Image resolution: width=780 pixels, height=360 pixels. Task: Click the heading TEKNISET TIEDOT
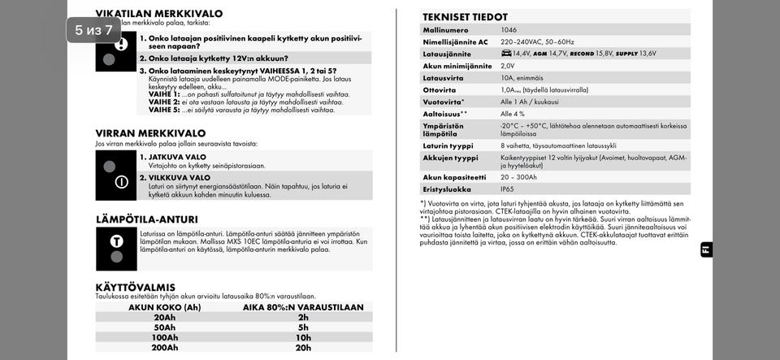[465, 17]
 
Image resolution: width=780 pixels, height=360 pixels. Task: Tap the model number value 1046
[509, 30]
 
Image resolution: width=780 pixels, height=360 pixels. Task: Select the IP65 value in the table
[508, 189]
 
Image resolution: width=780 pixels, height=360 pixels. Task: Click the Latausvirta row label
[444, 78]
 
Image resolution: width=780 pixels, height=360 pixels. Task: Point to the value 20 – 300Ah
[518, 177]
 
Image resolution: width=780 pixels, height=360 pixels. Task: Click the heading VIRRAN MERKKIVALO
[150, 133]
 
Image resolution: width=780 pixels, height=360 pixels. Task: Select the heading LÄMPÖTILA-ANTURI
[146, 219]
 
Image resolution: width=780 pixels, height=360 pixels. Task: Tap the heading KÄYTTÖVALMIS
[135, 287]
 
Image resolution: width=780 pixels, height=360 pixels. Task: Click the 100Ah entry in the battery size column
[164, 337]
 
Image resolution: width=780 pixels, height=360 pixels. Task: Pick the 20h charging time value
[303, 348]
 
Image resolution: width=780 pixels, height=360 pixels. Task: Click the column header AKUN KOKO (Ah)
[164, 307]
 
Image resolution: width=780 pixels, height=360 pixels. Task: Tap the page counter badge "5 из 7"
[93, 30]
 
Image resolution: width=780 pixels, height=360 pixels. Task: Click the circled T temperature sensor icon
[117, 241]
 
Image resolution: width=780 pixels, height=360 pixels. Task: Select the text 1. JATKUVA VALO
[172, 157]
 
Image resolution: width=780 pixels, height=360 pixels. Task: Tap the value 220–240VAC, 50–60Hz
[537, 41]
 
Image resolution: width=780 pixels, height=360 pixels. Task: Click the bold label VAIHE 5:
[164, 110]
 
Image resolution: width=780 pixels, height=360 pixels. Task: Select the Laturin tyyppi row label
[448, 145]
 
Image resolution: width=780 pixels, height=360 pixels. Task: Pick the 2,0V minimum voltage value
[508, 66]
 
